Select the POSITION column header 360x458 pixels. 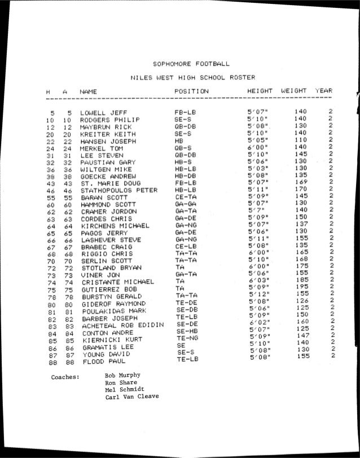click(x=191, y=91)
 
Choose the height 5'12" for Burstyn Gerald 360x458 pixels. click(x=258, y=294)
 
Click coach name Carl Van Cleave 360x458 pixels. click(x=131, y=397)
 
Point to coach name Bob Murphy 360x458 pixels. click(x=122, y=375)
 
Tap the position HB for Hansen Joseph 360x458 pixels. click(x=180, y=140)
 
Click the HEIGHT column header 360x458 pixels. click(x=260, y=90)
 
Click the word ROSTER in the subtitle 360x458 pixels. click(x=242, y=77)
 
